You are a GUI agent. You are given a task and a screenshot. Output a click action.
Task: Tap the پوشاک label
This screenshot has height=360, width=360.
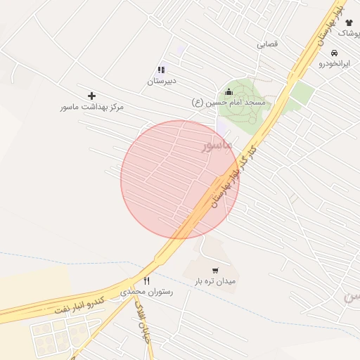[x=347, y=34]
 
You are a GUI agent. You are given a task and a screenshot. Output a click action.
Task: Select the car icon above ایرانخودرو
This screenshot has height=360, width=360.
[x=334, y=53]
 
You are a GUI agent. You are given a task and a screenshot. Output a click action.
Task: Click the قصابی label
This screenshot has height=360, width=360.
[x=267, y=44]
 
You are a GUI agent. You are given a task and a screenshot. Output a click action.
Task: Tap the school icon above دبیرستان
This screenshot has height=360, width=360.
[x=161, y=70]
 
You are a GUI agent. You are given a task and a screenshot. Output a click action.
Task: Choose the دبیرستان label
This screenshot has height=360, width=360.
[x=161, y=82]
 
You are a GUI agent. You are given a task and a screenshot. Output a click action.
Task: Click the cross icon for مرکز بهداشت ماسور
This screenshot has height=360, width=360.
[x=91, y=96]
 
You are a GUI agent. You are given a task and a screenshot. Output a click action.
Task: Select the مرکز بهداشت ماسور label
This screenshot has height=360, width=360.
[x=91, y=108]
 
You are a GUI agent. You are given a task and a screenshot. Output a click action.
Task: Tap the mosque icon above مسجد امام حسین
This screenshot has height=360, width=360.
[x=229, y=91]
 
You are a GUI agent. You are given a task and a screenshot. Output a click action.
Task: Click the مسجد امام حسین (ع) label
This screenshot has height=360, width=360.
[x=229, y=103]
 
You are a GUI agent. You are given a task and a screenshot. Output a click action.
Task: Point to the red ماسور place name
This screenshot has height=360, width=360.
[x=217, y=146]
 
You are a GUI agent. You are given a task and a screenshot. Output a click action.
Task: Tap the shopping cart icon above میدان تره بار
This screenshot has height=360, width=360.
[x=215, y=270]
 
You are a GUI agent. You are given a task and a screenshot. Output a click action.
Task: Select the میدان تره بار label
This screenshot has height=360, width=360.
[x=215, y=281]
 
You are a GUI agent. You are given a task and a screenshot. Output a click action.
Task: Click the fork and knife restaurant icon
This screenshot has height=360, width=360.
[x=147, y=280]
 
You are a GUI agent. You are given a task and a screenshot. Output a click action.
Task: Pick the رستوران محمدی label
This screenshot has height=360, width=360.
[x=147, y=291]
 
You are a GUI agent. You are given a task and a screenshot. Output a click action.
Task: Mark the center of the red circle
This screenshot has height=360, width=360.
[x=180, y=179]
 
